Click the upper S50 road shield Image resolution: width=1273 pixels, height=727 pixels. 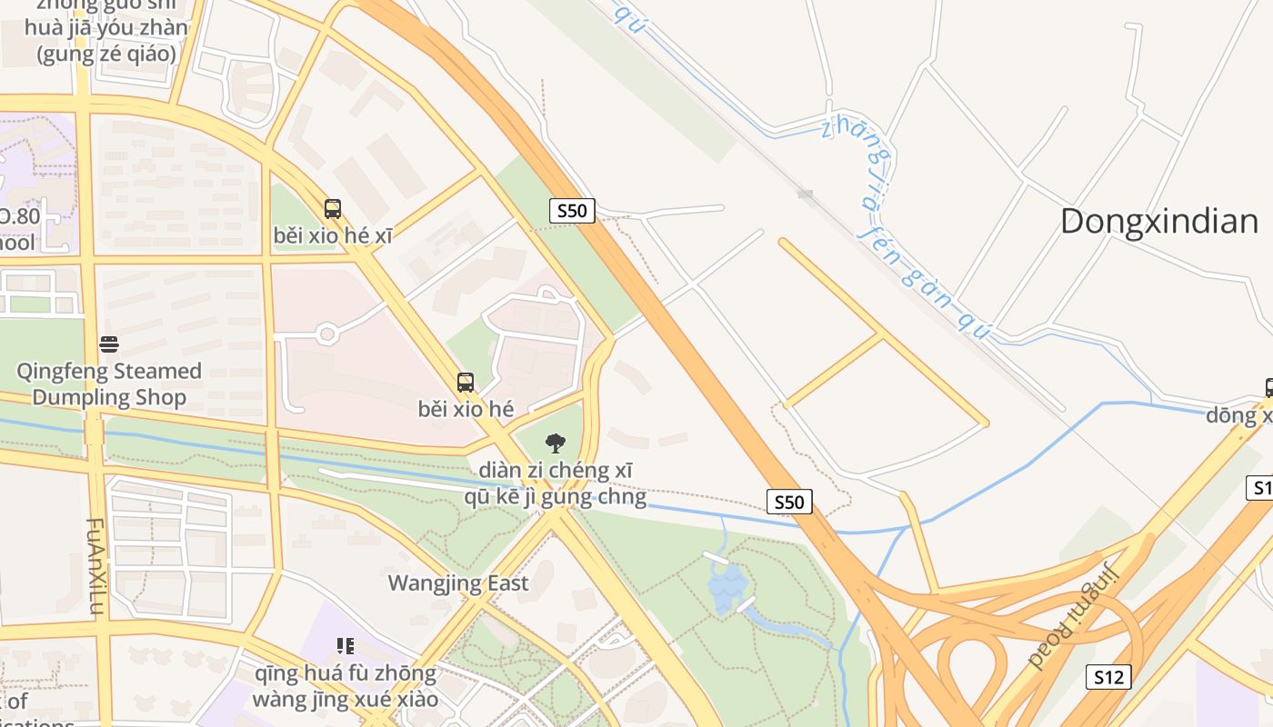tap(572, 211)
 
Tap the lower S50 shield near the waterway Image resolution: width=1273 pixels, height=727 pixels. tap(789, 502)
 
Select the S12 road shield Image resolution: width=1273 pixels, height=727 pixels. tap(1108, 677)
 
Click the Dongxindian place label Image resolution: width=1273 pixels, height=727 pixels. tap(1158, 221)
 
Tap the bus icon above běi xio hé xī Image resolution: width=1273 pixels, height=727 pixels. tap(333, 209)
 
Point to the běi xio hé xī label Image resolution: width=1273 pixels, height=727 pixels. tap(333, 236)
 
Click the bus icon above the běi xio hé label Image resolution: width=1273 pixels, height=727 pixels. tap(466, 383)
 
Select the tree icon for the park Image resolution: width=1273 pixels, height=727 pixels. tap(555, 443)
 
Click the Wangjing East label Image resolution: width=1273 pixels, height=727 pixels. tap(458, 583)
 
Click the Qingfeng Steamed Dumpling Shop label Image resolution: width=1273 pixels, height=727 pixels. tap(109, 383)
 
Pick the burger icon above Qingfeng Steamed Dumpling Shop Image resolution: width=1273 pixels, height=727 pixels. tap(109, 344)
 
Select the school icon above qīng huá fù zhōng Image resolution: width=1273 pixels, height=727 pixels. tap(345, 646)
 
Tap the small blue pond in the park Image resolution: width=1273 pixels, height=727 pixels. tap(727, 587)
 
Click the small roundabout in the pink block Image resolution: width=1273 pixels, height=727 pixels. tap(327, 334)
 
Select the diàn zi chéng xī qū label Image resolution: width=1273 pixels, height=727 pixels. tap(555, 483)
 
